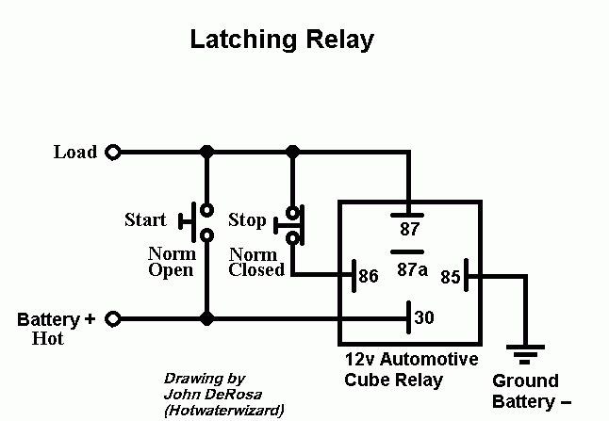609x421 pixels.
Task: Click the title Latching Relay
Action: tap(282, 40)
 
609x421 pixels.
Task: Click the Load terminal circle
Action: tap(113, 152)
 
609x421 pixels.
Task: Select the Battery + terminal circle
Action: tap(113, 319)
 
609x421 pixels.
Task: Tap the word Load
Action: tap(75, 152)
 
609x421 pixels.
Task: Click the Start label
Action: tap(145, 220)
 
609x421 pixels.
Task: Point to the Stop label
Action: tap(248, 221)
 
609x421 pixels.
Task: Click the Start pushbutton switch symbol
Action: tap(200, 222)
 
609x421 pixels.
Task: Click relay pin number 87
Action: tap(410, 228)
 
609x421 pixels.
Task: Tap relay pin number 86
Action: tap(369, 276)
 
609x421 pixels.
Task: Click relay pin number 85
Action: tap(450, 277)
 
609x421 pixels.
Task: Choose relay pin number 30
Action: tap(424, 318)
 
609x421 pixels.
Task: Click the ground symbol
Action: tap(523, 357)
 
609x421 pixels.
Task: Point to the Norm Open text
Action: tap(171, 262)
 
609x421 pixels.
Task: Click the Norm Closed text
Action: tap(256, 262)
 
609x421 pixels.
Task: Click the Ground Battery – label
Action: tap(525, 391)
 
